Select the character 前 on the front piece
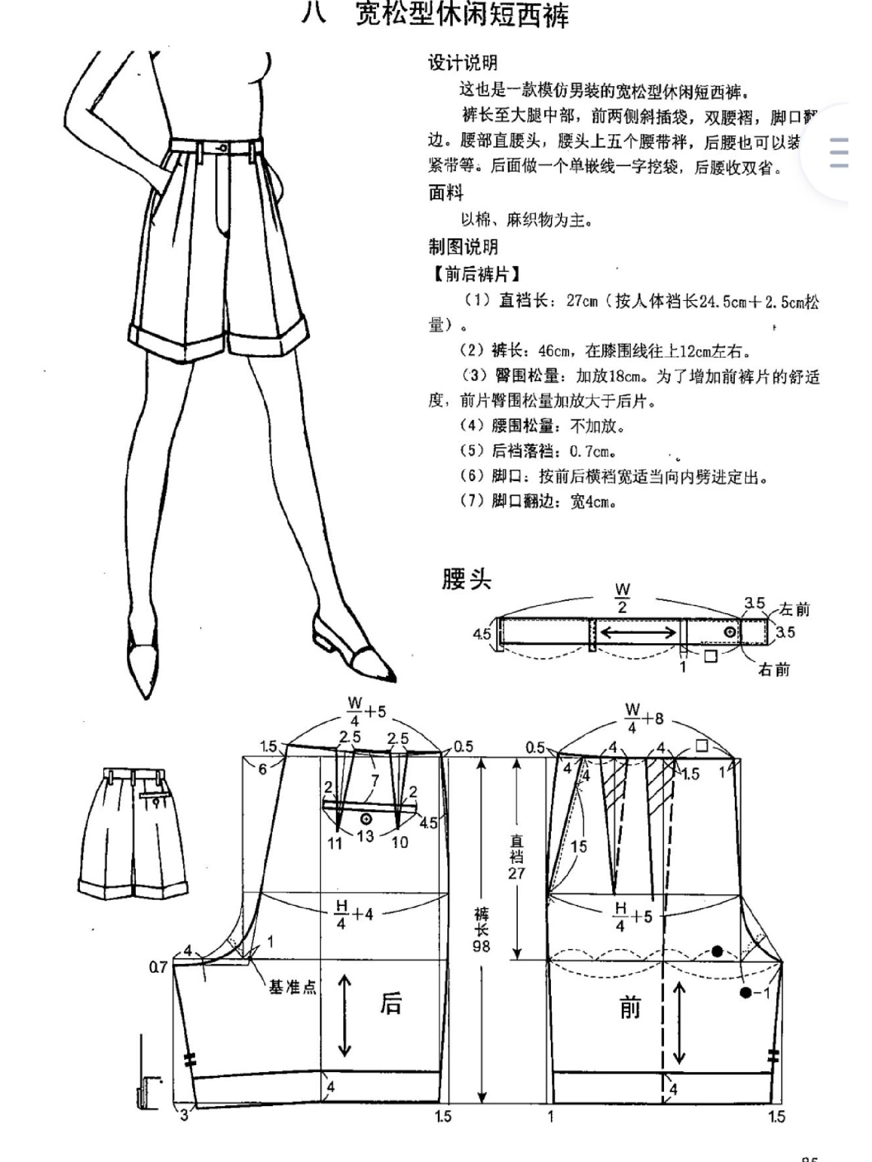[x=629, y=1008]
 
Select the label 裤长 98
[x=481, y=930]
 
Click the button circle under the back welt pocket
[x=367, y=818]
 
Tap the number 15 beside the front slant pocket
[x=578, y=846]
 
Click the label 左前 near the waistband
[x=794, y=609]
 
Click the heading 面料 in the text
[x=446, y=193]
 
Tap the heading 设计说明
[x=462, y=63]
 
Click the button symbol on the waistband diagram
[x=729, y=632]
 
